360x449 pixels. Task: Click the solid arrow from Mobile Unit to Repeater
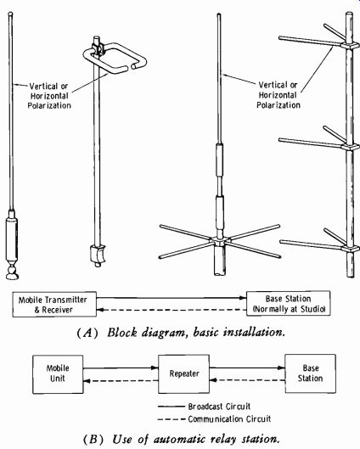point(121,368)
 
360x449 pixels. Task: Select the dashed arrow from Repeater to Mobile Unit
point(121,381)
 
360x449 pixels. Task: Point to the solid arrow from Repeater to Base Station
point(247,368)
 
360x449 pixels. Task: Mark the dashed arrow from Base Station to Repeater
point(247,380)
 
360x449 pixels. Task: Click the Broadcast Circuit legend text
point(219,407)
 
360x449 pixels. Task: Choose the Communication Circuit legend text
point(229,419)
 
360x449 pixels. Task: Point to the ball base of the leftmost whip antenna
point(12,273)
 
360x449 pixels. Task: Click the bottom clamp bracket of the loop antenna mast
point(98,255)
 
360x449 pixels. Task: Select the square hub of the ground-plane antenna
point(220,241)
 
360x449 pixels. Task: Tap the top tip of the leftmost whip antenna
point(10,14)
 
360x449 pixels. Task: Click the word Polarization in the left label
point(49,105)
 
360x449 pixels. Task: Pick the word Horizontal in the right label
point(278,95)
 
